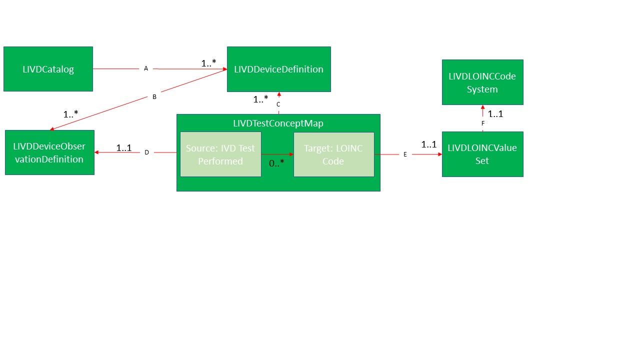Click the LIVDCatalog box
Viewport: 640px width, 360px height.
click(48, 69)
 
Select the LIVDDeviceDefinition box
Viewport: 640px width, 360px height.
click(278, 69)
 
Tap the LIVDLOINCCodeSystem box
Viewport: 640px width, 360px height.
click(482, 82)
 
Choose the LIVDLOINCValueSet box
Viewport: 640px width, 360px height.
click(482, 154)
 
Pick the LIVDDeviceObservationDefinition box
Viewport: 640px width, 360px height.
click(49, 152)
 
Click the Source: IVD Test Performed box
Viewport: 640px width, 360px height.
click(220, 154)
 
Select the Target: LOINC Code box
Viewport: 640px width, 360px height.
click(333, 154)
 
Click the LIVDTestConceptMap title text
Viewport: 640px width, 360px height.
click(278, 123)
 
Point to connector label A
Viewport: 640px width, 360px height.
click(146, 68)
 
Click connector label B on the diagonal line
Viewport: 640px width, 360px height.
click(154, 97)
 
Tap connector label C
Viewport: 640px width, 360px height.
click(278, 104)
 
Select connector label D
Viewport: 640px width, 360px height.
click(146, 152)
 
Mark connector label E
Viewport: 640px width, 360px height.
click(405, 154)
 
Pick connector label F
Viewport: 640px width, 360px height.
click(483, 123)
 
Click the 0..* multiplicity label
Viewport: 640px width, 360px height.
click(276, 162)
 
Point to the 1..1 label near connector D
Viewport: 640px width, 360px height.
click(124, 148)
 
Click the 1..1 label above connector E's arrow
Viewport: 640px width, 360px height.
click(429, 144)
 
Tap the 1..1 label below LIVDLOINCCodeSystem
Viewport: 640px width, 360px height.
click(495, 114)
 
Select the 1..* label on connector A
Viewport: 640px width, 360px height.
click(208, 63)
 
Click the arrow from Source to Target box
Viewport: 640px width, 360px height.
click(277, 154)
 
